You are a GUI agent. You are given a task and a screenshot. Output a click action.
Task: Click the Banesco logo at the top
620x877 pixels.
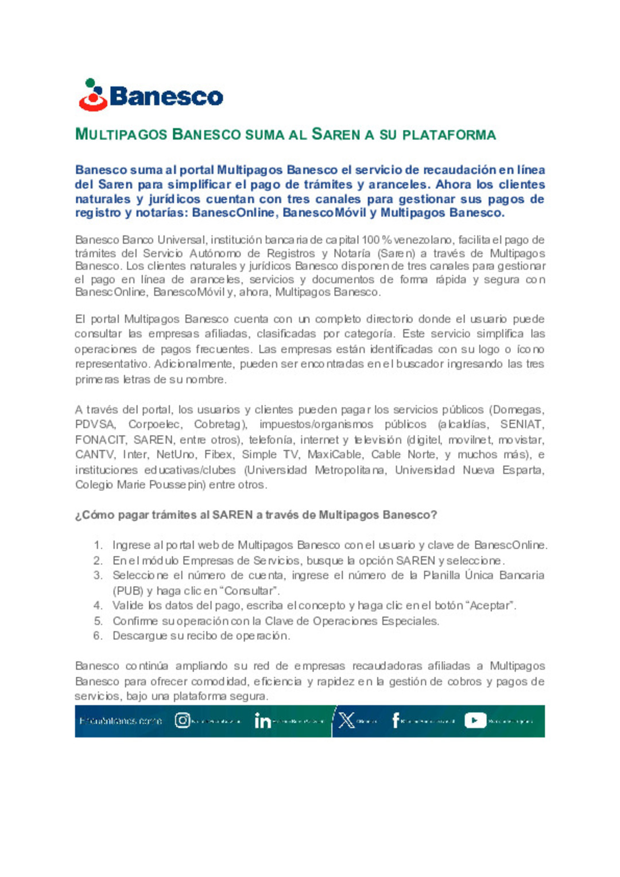click(x=151, y=95)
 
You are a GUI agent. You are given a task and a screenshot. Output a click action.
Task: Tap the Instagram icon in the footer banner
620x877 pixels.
click(x=182, y=720)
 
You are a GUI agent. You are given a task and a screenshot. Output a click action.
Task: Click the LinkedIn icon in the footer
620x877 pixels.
click(x=262, y=721)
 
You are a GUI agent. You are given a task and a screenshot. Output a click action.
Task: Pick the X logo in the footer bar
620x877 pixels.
click(x=346, y=720)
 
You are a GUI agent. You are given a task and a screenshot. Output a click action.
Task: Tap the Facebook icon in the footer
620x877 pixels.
click(x=396, y=720)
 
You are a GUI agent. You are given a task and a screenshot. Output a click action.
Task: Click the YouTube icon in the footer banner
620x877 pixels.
click(x=475, y=720)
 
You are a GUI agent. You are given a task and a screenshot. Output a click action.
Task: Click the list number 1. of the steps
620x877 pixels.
click(x=98, y=545)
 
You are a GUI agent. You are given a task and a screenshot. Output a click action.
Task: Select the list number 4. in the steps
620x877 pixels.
click(x=98, y=606)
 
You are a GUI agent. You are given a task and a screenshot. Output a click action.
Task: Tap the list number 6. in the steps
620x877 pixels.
click(x=98, y=636)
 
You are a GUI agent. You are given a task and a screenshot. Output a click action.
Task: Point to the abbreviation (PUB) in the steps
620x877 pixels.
click(x=127, y=591)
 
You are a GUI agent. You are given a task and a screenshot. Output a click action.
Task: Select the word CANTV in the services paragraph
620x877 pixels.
click(x=95, y=455)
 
